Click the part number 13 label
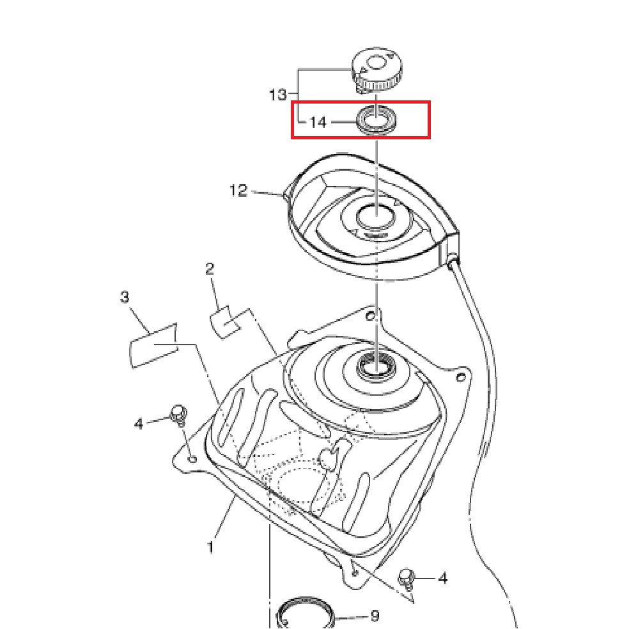pyautogui.click(x=278, y=95)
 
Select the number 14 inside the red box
pyautogui.click(x=318, y=122)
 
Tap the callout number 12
pyautogui.click(x=238, y=190)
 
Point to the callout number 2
pyautogui.click(x=210, y=268)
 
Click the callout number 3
pyautogui.click(x=125, y=297)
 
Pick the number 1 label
pyautogui.click(x=210, y=547)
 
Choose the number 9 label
pyautogui.click(x=375, y=615)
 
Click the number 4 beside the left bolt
pyautogui.click(x=139, y=424)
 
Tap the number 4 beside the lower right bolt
pyautogui.click(x=442, y=579)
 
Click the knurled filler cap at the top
pyautogui.click(x=376, y=70)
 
